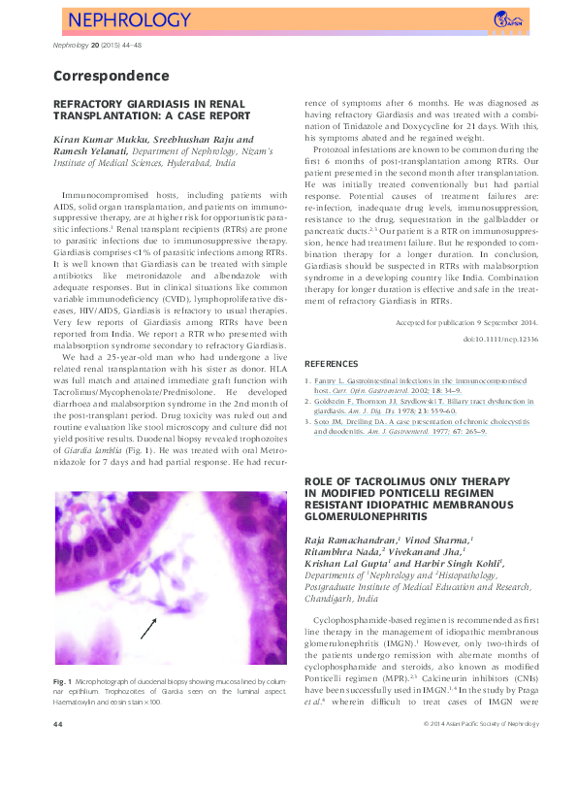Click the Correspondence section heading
(111, 76)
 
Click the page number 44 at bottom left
(58, 751)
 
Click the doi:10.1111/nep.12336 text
(501, 340)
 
